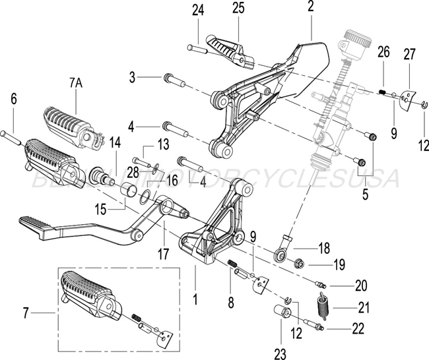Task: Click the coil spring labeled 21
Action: pos(323,307)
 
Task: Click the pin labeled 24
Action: pos(197,47)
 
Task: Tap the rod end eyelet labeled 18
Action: pos(280,253)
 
